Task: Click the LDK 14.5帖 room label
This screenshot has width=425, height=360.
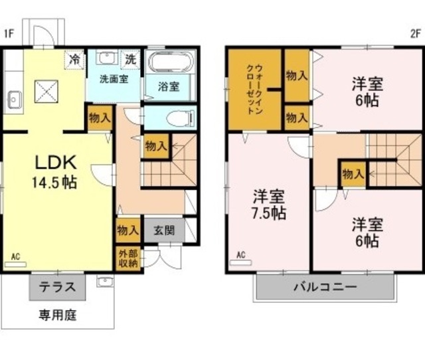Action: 54,172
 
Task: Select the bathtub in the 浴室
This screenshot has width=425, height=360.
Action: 170,61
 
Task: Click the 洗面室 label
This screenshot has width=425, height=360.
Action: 114,79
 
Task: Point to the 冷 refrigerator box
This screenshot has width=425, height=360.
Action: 74,60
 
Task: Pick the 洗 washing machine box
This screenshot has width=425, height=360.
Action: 131,59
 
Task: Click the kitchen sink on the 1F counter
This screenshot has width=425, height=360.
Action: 15,100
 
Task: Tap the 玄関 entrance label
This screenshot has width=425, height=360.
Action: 164,230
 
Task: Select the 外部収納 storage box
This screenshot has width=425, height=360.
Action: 128,258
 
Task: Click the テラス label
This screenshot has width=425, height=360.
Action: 57,287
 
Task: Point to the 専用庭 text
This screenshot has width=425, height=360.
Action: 58,315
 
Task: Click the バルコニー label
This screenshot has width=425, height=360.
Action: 325,287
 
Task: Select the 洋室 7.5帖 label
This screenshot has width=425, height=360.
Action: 268,205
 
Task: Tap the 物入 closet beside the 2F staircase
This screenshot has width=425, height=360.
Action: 353,174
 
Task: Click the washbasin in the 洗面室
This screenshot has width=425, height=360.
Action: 108,58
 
